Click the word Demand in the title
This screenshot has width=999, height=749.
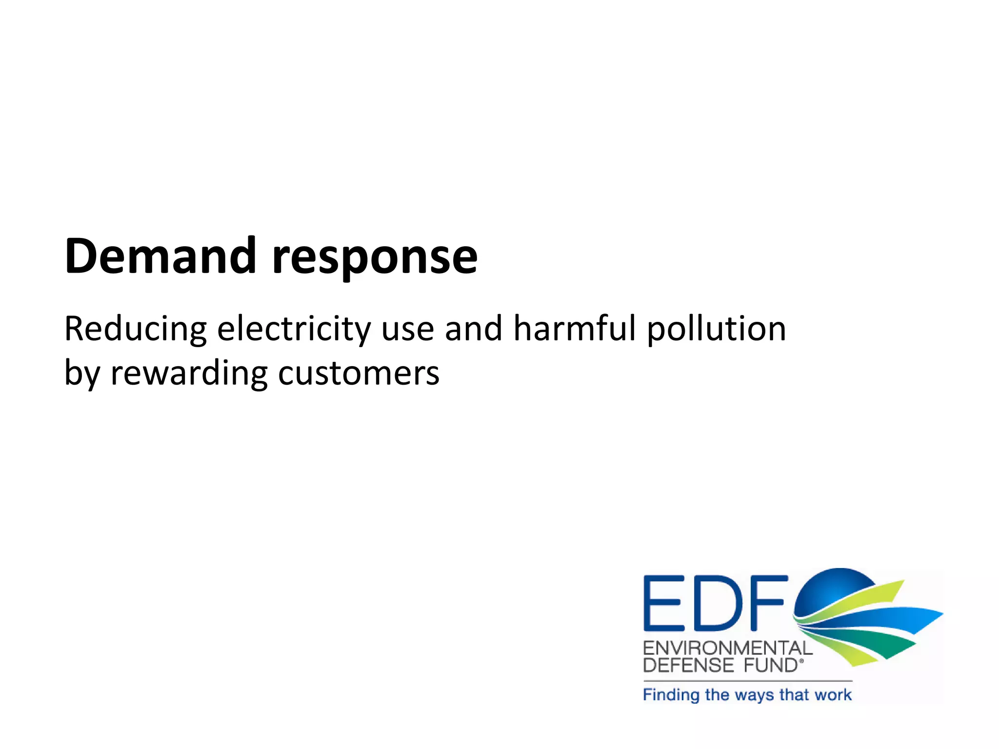[x=160, y=256]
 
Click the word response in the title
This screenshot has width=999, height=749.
[x=374, y=258]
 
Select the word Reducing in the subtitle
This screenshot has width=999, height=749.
[x=136, y=329]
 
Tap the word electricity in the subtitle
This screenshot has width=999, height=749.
[x=294, y=329]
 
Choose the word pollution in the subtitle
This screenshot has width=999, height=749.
[x=716, y=329]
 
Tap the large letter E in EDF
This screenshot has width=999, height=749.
[x=663, y=603]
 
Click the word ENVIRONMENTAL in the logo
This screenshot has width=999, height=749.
[x=727, y=649]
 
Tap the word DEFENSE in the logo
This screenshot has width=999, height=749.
[x=688, y=666]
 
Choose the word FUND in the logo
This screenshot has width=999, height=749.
[x=770, y=666]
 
